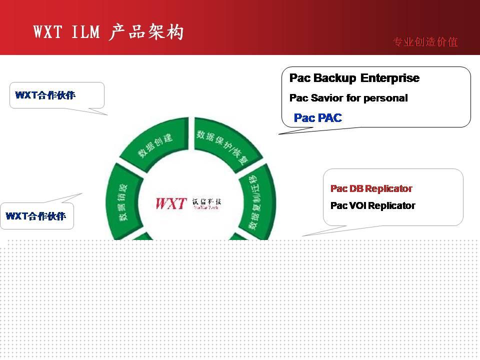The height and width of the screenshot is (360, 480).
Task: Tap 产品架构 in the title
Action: pos(146,32)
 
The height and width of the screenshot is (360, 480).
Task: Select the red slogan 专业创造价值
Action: pos(425,42)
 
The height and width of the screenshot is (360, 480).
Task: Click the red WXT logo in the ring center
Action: pos(171,204)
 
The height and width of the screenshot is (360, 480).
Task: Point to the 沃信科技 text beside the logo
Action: pos(206,203)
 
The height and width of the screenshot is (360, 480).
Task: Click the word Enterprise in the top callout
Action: pos(390,78)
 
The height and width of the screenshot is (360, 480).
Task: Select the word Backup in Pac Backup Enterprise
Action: pos(335,78)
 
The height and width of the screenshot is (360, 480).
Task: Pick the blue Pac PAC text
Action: pos(318,118)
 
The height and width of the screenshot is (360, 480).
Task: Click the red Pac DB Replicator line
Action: pos(371,188)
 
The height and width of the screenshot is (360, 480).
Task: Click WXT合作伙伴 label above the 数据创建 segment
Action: pos(45,95)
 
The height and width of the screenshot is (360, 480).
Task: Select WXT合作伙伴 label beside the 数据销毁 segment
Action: pos(35,216)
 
